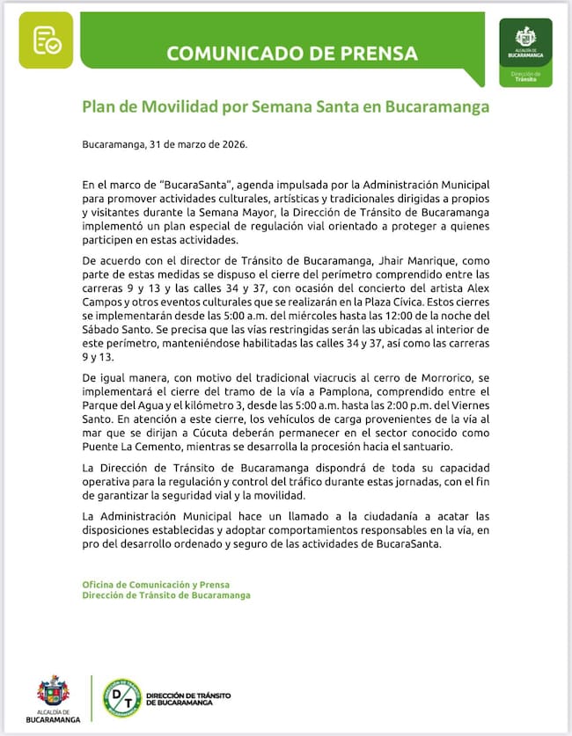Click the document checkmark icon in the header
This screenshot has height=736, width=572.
tap(46, 40)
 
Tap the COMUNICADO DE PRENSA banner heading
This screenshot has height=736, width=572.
tap(292, 53)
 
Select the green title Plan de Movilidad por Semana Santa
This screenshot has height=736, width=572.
tap(285, 107)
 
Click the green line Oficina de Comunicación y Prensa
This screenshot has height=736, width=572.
tap(155, 585)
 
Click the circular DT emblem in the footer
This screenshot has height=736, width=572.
tap(121, 697)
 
